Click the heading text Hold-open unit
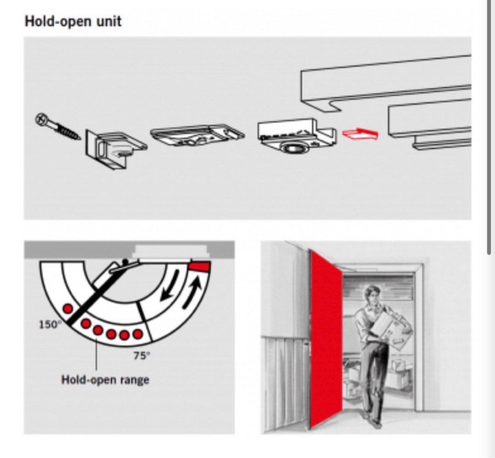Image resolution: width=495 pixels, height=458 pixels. (73, 22)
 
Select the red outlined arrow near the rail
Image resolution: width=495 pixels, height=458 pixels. (360, 134)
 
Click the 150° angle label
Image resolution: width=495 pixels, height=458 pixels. (49, 324)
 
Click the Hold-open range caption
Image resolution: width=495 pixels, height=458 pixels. (105, 380)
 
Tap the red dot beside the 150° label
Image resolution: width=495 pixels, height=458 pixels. (68, 308)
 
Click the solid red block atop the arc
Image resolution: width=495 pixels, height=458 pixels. (199, 266)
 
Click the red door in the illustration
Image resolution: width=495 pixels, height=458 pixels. (326, 338)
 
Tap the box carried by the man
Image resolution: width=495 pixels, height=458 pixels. (391, 331)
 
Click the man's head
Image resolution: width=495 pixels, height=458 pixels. (373, 295)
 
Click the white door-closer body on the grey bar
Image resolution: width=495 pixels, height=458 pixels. (171, 251)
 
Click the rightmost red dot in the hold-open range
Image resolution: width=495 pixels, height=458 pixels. (137, 334)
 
